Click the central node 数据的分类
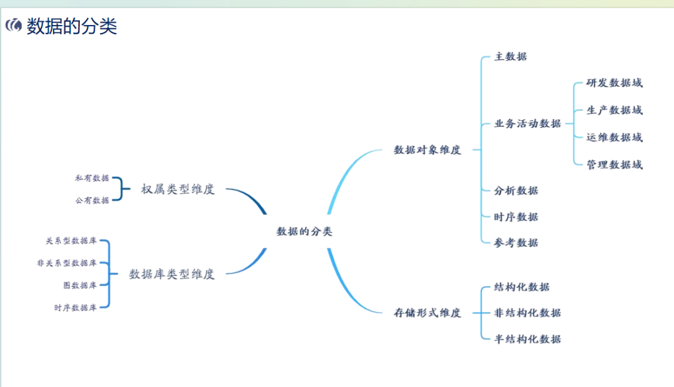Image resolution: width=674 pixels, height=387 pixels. point(305,231)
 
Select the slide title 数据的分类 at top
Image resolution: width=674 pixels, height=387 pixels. point(72,26)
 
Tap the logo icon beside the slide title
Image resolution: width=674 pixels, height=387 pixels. point(14,26)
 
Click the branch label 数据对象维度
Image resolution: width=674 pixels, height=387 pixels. point(427,150)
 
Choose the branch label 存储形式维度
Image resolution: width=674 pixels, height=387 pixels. point(427,313)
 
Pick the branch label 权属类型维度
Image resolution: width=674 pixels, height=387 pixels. point(178,189)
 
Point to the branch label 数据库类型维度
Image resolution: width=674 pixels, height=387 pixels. point(172,274)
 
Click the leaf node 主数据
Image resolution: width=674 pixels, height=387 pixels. point(510,56)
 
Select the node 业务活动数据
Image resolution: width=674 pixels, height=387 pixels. point(527,123)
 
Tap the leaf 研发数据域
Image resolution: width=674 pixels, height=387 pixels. point(614,83)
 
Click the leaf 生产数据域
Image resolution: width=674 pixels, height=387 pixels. point(614,110)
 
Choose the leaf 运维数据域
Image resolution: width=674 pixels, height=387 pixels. point(614,137)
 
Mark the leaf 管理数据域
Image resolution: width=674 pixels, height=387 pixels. point(614,165)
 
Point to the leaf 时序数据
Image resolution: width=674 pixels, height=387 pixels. point(516,217)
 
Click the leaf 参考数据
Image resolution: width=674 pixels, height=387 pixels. point(516,242)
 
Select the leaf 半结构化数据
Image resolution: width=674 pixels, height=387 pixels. point(527,339)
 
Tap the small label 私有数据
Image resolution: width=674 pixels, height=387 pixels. point(92,178)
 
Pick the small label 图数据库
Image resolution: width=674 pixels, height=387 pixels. point(80,285)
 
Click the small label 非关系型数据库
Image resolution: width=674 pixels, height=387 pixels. point(67,263)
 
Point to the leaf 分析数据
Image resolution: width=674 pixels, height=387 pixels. point(516,191)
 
